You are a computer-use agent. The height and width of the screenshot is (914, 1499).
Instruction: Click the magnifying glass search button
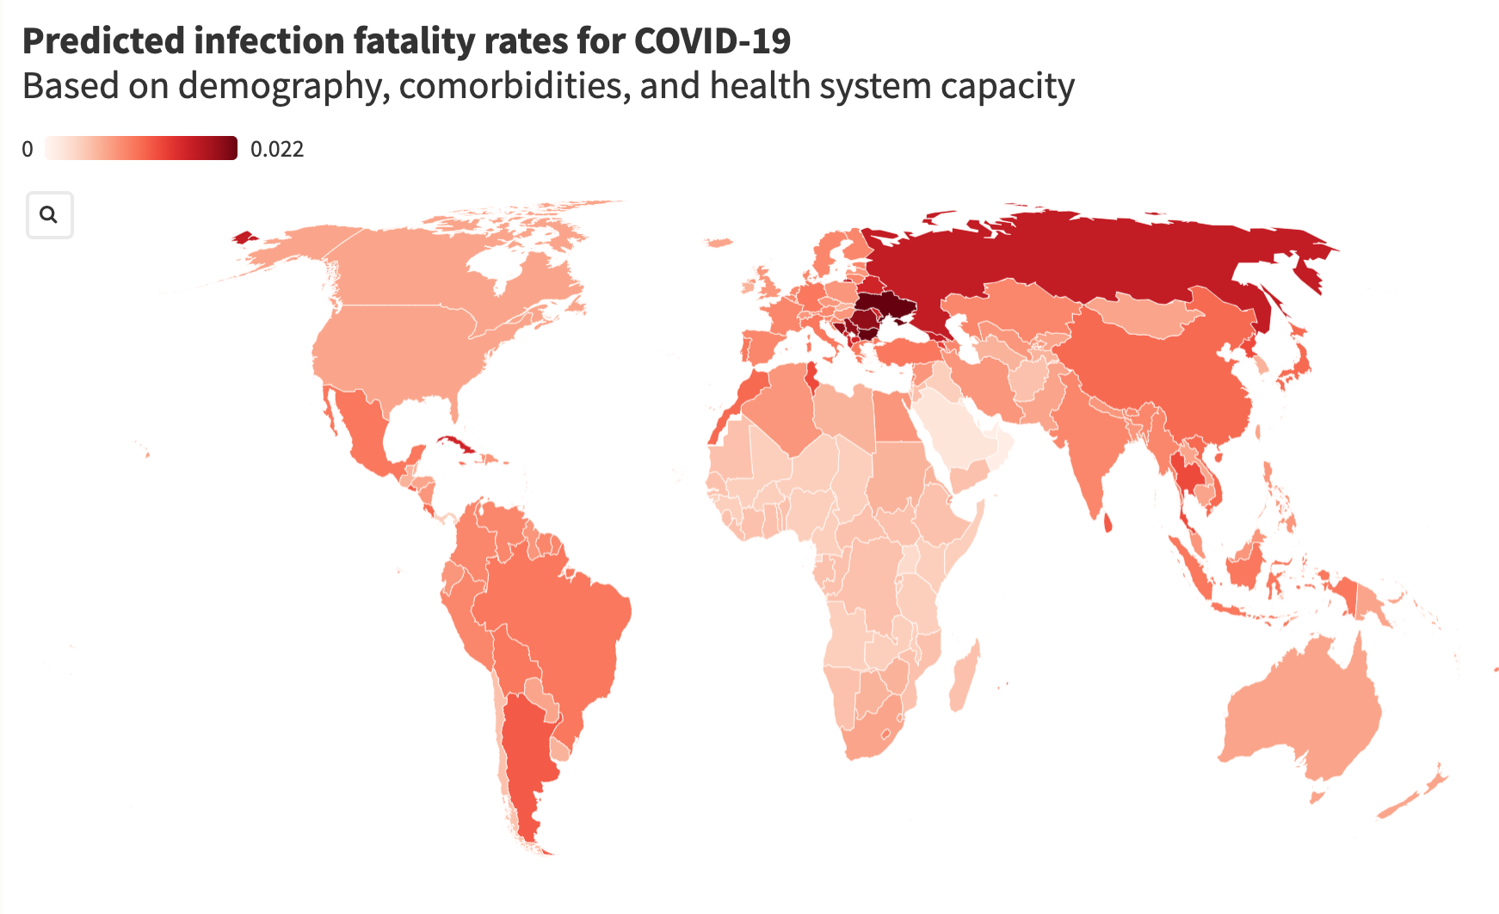49,215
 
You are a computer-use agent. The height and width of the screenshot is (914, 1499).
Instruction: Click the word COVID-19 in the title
712,41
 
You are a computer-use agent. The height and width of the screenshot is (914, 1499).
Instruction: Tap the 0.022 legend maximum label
276,150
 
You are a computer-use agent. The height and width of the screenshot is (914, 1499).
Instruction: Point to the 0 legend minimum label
28,150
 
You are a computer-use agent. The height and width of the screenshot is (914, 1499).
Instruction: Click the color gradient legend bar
141,148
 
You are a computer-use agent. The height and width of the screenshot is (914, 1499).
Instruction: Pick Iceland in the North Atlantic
718,243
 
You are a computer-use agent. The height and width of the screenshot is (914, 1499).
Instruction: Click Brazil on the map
559,620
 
